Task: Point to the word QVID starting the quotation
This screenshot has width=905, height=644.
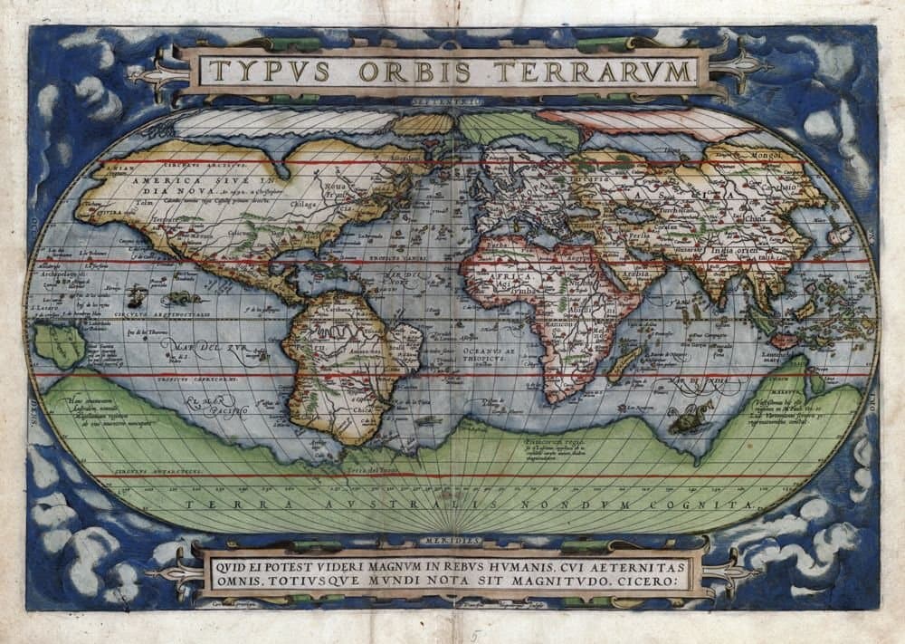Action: [x=227, y=564]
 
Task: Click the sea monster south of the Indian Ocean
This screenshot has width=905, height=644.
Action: [x=689, y=418]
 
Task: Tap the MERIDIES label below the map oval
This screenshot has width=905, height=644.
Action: [x=452, y=541]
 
